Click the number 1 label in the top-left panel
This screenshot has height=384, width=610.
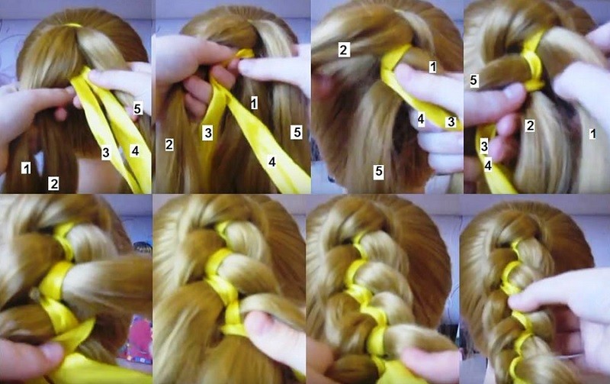coord(26,168)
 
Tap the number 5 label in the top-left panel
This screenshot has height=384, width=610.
coord(137,108)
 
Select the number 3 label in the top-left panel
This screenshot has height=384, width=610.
coord(106,152)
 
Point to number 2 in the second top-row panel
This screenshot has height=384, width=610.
coord(169,144)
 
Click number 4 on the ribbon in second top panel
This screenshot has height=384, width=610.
coord(272,161)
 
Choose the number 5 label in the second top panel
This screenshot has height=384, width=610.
coord(297,132)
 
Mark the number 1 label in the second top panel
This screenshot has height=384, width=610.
coord(254,103)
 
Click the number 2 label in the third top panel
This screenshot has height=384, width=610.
coord(344,50)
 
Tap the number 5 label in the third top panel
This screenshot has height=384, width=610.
coord(378,171)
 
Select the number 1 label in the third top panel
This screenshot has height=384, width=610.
coord(432,67)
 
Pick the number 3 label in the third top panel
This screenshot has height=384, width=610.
coord(451,121)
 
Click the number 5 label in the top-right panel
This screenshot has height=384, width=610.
coord(474,80)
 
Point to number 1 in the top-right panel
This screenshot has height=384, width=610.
coord(592,134)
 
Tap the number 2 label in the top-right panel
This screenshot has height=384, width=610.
coord(529,125)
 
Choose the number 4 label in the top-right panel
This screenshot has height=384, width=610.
coord(488,166)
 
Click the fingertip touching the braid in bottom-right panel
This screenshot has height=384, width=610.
coord(518,301)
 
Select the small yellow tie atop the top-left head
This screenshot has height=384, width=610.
coord(73,25)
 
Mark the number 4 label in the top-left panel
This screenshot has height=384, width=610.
coord(135,150)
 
